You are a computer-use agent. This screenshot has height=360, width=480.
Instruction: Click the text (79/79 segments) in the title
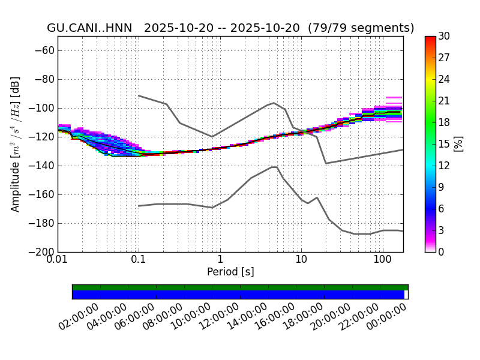[361, 28]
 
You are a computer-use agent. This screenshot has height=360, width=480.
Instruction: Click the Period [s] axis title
[230, 272]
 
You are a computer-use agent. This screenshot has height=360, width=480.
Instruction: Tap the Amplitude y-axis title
[16, 144]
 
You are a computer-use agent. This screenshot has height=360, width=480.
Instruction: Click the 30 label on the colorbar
[445, 36]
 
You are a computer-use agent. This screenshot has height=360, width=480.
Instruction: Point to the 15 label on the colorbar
[445, 144]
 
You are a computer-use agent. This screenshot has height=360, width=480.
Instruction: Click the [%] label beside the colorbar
[458, 144]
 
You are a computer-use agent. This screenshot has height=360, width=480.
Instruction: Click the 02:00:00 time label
[86, 316]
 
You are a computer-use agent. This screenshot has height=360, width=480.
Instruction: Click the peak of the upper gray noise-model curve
[274, 103]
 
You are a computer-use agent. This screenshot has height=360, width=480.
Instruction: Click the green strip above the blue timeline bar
[240, 287]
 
